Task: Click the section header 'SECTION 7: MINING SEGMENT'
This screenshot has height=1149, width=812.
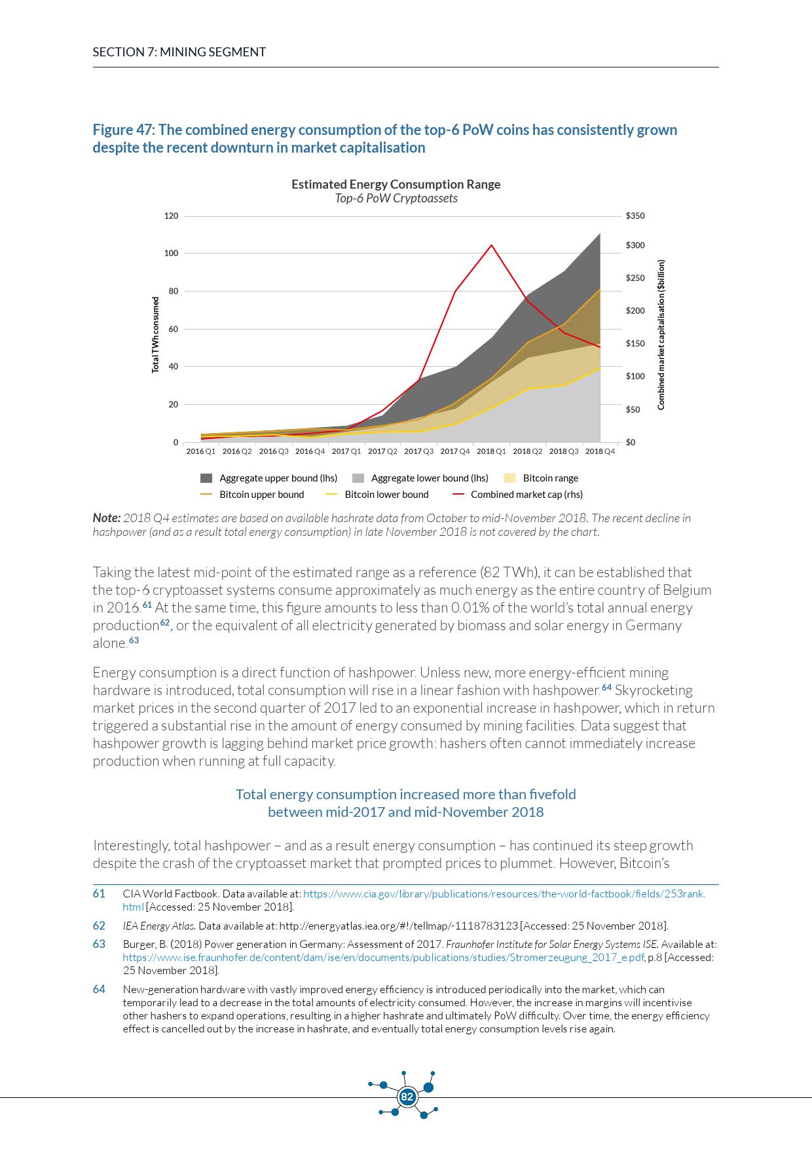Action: (179, 52)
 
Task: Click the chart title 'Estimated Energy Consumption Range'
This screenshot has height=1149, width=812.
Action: (396, 184)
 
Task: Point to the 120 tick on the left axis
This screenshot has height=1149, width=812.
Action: (171, 216)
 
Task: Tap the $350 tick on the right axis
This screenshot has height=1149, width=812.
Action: (635, 216)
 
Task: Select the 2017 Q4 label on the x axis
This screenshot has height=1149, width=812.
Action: (455, 451)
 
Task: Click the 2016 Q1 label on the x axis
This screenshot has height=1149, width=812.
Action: (200, 451)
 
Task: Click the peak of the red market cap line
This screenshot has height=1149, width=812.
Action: (492, 245)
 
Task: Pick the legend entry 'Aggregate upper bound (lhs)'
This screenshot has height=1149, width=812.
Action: (278, 478)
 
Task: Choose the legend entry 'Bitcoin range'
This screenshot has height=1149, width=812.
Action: (550, 478)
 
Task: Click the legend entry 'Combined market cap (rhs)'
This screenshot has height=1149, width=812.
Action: (526, 495)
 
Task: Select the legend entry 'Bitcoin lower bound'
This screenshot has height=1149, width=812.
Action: (386, 495)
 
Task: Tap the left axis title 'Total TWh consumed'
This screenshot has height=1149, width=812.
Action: (156, 335)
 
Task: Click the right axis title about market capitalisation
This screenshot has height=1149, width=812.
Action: (661, 335)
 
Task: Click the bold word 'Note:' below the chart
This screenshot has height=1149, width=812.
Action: (106, 518)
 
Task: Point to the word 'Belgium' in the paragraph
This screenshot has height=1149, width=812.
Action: (686, 590)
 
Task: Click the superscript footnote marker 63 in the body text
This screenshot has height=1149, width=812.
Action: (134, 640)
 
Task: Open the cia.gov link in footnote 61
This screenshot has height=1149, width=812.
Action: (504, 894)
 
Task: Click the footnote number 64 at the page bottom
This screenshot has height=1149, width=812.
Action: (99, 989)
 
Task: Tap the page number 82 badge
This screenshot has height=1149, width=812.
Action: (407, 1097)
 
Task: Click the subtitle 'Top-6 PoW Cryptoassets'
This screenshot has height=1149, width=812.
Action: (396, 198)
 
